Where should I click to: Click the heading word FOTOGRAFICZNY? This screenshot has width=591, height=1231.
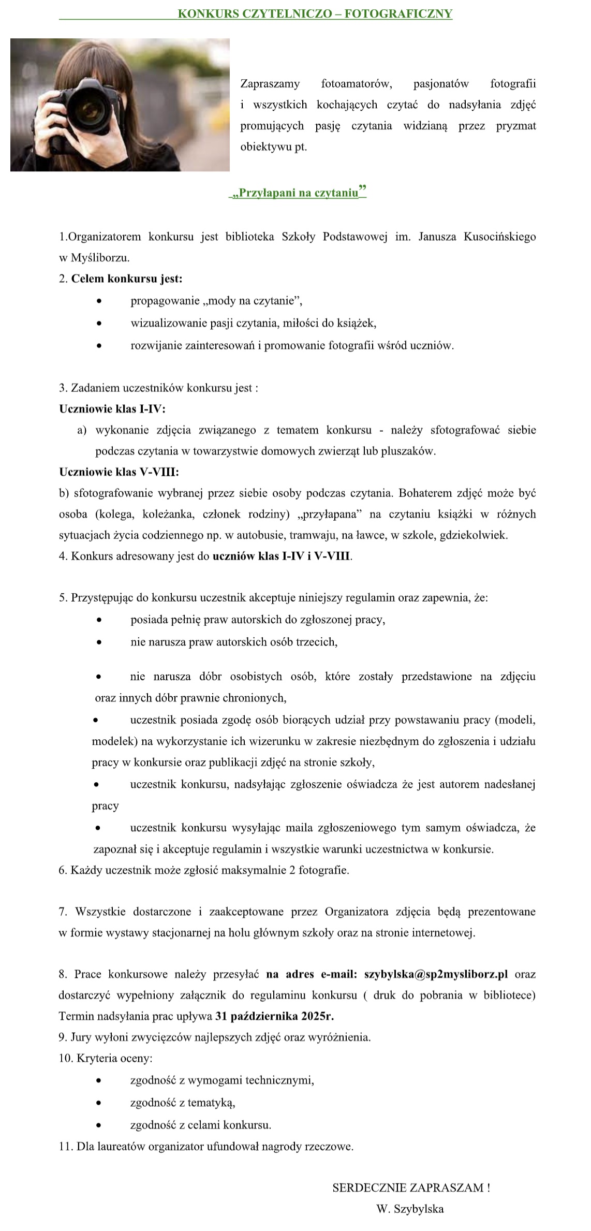coord(398,14)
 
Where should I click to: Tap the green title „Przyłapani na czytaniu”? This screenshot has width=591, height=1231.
coord(298,193)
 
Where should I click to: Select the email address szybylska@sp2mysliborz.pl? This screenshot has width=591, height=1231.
coord(436,974)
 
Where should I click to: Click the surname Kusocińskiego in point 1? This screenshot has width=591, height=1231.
coord(499,237)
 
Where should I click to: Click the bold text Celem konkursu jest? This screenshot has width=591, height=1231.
coord(127,279)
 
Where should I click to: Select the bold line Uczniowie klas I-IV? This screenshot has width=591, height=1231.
coord(112,409)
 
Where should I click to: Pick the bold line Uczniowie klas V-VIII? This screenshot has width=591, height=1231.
coord(119,472)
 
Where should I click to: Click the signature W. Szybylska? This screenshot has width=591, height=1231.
coord(410,1209)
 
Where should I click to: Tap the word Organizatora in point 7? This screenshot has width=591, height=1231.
coord(357,911)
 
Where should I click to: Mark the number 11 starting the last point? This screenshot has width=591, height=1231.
coord(65,1146)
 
